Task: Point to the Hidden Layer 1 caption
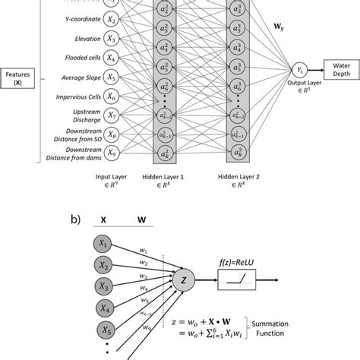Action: pyautogui.click(x=165, y=179)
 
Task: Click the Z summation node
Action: pyautogui.click(x=182, y=283)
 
